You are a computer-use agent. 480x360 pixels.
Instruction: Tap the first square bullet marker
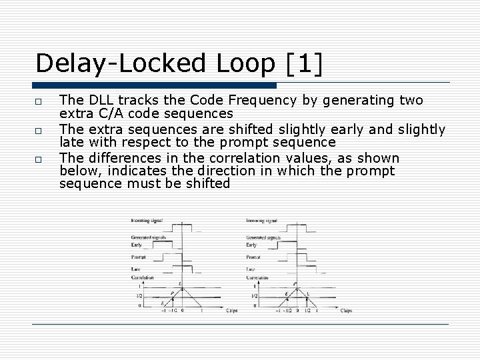click(x=41, y=101)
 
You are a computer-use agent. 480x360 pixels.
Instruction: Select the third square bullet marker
click(x=41, y=159)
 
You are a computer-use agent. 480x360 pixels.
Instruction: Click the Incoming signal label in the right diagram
click(x=262, y=221)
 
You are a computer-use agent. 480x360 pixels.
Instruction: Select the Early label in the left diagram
click(x=137, y=245)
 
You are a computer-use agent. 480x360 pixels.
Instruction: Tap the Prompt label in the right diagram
click(x=253, y=257)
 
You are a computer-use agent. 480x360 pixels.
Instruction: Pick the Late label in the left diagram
click(x=136, y=269)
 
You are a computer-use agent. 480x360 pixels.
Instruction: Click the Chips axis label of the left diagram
click(x=233, y=310)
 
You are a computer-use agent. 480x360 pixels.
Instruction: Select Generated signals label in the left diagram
click(x=147, y=237)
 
